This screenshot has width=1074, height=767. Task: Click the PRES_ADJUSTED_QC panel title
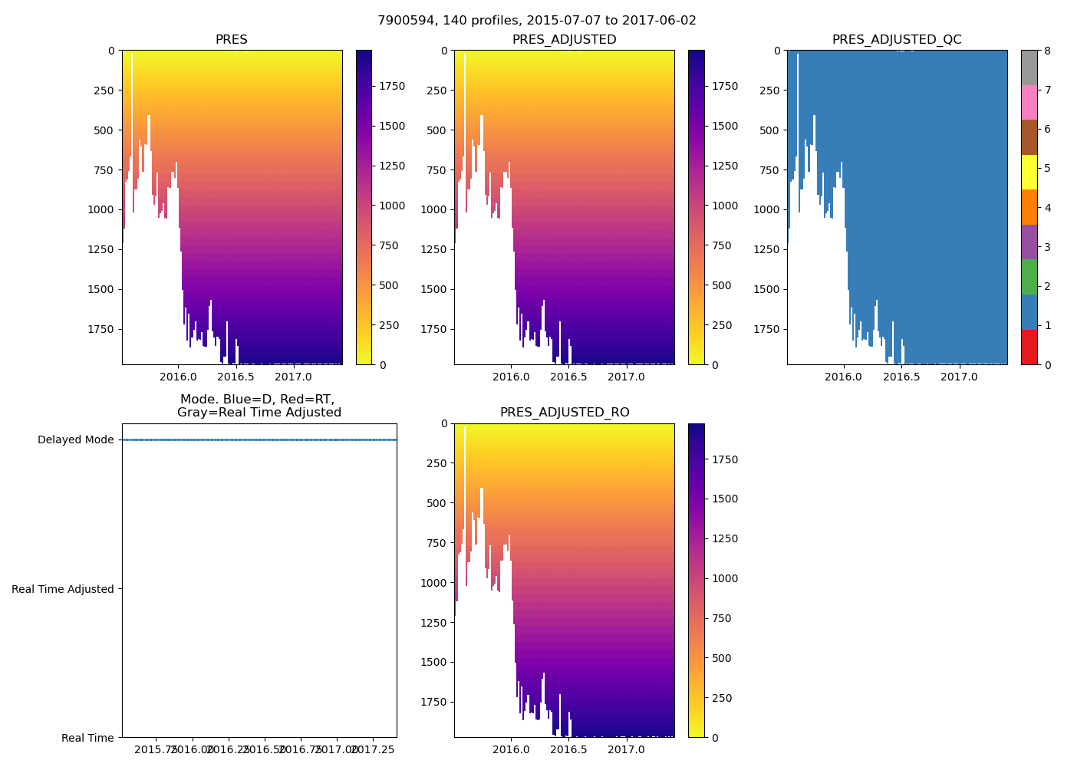tap(897, 40)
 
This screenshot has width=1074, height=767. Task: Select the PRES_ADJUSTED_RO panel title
tap(565, 413)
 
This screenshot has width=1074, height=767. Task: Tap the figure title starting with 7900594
tap(537, 21)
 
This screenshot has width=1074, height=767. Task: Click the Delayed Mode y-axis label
tap(75, 439)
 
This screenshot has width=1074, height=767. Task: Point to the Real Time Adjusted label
tap(63, 589)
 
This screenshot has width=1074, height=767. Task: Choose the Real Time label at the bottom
tap(87, 738)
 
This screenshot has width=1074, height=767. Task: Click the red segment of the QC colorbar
tap(1029, 347)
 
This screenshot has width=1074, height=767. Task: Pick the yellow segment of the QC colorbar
tap(1029, 173)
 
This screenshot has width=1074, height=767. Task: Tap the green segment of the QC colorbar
tap(1029, 277)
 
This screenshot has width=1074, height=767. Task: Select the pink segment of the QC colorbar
tap(1029, 103)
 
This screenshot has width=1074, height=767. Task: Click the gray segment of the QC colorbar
tap(1029, 67)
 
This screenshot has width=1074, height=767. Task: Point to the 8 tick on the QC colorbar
tap(1046, 51)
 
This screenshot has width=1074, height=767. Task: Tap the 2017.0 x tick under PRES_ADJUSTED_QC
tap(959, 377)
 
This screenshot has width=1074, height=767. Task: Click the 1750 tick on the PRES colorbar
tap(392, 86)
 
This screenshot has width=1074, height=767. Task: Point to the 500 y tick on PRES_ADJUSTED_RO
tap(437, 503)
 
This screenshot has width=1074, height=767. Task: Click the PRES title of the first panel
tap(232, 40)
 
